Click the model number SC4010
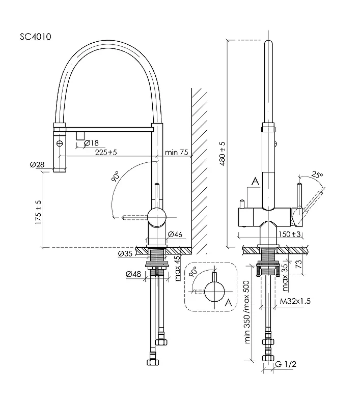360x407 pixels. pyautogui.click(x=36, y=37)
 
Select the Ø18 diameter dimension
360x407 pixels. pyautogui.click(x=92, y=143)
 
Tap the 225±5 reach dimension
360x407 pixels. pyautogui.click(x=106, y=152)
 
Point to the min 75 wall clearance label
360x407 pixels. pyautogui.click(x=176, y=152)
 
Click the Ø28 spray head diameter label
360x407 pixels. pyautogui.click(x=37, y=164)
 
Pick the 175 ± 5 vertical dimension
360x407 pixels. pyautogui.click(x=38, y=212)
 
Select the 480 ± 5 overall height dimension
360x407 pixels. pyautogui.click(x=223, y=154)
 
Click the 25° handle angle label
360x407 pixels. pyautogui.click(x=317, y=175)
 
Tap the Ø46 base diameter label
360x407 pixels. pyautogui.click(x=175, y=235)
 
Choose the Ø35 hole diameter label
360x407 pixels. pyautogui.click(x=125, y=253)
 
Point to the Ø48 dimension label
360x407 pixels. pyautogui.click(x=133, y=274)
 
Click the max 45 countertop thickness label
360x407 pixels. pyautogui.click(x=177, y=269)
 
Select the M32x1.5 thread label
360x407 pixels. pyautogui.click(x=295, y=301)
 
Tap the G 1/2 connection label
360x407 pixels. pyautogui.click(x=286, y=364)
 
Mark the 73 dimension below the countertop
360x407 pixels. pyautogui.click(x=299, y=264)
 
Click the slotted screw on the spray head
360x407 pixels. pyautogui.click(x=60, y=143)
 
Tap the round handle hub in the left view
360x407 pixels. pyautogui.click(x=157, y=217)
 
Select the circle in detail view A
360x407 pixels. pyautogui.click(x=214, y=292)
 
